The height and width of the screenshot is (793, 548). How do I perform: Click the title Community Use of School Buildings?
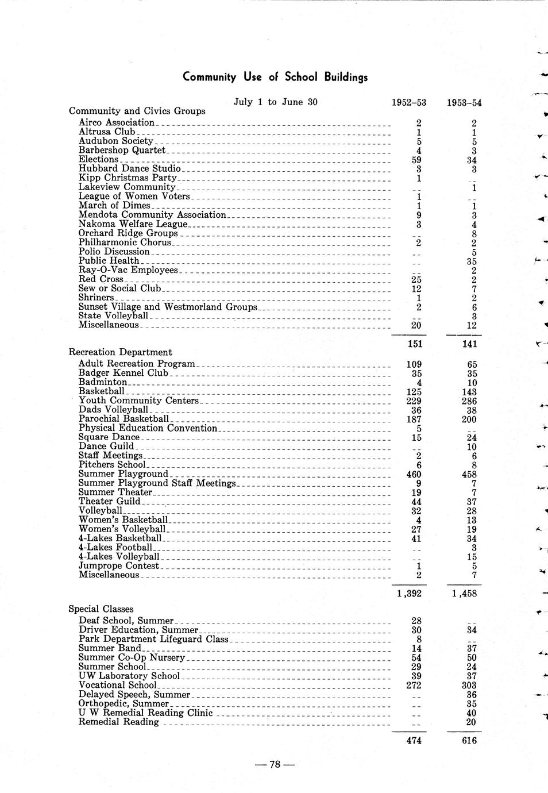[275, 77]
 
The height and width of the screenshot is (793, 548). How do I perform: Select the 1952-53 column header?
[408, 103]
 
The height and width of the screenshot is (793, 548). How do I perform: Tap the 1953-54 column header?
[464, 103]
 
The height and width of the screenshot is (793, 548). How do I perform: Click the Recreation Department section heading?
[120, 352]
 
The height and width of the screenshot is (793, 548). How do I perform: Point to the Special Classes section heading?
[101, 609]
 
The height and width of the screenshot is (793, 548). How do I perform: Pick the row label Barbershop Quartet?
[122, 150]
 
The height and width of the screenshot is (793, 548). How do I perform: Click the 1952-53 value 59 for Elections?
[416, 160]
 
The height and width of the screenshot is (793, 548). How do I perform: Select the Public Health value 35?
[472, 261]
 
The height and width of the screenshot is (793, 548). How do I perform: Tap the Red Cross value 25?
[416, 280]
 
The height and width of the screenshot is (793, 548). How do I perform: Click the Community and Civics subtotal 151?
[414, 344]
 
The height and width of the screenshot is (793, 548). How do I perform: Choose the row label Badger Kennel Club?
[124, 373]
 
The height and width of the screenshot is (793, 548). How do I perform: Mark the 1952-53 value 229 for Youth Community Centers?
[414, 401]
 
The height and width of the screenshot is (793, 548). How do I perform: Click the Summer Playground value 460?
[414, 475]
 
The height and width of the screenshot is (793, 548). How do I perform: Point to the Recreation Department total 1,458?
[464, 594]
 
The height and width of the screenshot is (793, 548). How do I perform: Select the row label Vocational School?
[118, 685]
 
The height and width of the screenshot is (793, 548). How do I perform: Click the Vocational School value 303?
[469, 686]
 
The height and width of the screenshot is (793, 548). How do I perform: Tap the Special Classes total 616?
[469, 741]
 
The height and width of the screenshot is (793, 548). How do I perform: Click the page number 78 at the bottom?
[275, 764]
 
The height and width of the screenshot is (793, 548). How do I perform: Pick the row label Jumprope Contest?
[119, 566]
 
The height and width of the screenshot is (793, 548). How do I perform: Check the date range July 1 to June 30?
[276, 102]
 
